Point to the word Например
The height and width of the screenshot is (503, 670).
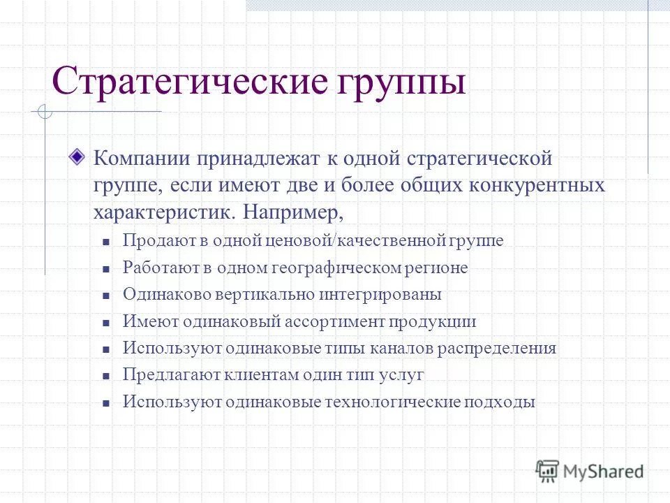click(x=296, y=210)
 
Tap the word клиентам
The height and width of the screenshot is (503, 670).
click(x=260, y=375)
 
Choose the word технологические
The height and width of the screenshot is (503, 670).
click(x=382, y=402)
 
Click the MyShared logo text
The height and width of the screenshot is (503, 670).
click(x=604, y=471)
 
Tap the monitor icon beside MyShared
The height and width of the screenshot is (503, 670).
click(x=548, y=469)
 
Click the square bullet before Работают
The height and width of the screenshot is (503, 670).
click(x=107, y=268)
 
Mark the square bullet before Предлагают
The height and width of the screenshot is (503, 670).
click(x=107, y=376)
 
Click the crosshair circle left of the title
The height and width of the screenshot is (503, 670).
click(x=45, y=111)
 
